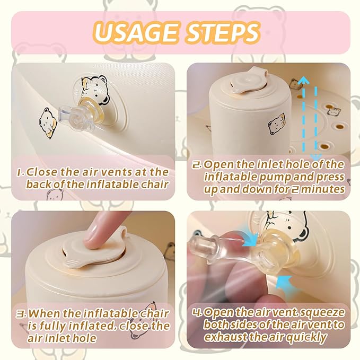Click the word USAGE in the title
136,32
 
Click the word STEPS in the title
223,32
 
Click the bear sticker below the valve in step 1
48,123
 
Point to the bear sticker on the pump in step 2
277,124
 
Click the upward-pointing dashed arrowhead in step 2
304,81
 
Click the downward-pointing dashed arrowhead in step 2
316,157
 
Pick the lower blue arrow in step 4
284,282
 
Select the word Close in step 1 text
41,172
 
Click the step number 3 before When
20,314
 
